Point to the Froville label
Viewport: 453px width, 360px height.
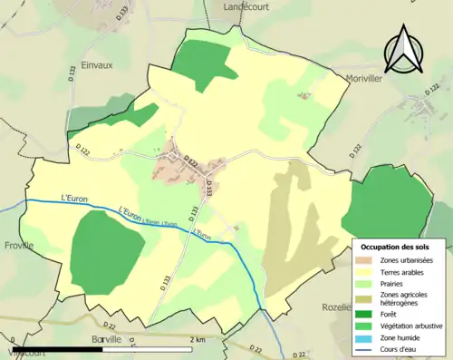tap(18, 245)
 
